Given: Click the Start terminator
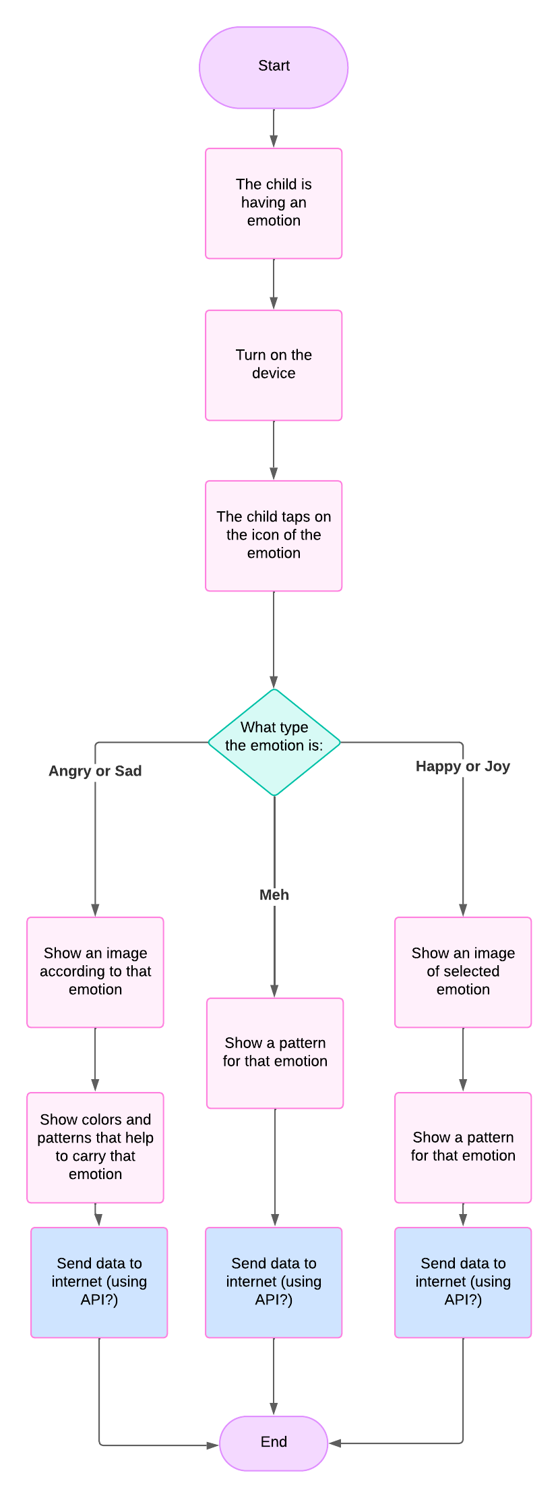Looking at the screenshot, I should pos(274,67).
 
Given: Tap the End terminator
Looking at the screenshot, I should pos(274,1443).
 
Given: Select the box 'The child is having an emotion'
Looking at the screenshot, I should pos(274,203).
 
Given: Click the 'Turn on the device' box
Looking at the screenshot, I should pos(274,365).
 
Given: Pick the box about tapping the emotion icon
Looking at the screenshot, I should pos(274,536).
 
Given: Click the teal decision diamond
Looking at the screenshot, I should pos(274,742).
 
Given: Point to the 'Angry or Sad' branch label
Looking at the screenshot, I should pos(95,771).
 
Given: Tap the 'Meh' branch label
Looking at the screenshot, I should pos(274,895).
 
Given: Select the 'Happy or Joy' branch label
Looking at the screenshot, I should pos(463,766).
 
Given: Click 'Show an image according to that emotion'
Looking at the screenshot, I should pos(95,972).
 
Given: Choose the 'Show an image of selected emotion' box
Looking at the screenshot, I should pos(463,972).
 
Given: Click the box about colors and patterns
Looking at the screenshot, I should pos(95,1147).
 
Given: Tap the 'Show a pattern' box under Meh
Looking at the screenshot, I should pos(275,1053).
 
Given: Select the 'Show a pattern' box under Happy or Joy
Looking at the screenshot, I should pos(463,1147).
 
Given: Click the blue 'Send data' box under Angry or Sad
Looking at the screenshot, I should pos(99,1282).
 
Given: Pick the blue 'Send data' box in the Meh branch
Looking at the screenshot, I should pos(274,1282).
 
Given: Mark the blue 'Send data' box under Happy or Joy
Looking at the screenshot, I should pos(463,1282).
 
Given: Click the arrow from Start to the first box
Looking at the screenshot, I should pos(274,128).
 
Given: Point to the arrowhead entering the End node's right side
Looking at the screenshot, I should pos(335,1443).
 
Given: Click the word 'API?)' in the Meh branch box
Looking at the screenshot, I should pos(274,1300).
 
